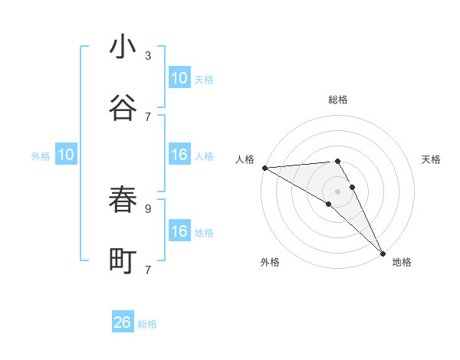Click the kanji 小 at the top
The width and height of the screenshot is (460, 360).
123,47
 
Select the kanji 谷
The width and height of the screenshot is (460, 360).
123,108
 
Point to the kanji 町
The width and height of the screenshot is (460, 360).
123,260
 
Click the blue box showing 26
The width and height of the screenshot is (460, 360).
123,322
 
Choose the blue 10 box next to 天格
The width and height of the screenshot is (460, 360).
179,78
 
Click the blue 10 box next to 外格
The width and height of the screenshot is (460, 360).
66,155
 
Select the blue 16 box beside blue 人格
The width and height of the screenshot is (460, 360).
179,155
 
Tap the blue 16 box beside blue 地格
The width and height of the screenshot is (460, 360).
179,231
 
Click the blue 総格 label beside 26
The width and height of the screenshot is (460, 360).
147,324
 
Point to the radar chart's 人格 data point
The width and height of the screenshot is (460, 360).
264,168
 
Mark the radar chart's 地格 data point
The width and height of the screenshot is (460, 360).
383,252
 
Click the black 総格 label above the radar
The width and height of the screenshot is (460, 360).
338,100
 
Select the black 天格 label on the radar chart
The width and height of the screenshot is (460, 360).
432,159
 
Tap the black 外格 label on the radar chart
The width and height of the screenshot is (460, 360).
269,262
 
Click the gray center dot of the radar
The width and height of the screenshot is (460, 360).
338,191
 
